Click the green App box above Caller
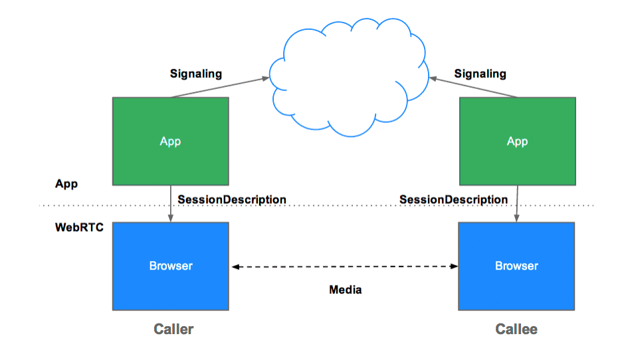(x=171, y=141)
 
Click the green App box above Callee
(x=518, y=141)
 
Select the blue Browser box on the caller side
(x=171, y=266)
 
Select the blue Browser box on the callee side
(x=516, y=266)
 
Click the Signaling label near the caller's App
(x=196, y=74)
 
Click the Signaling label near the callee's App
(x=480, y=74)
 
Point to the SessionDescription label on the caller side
(x=232, y=199)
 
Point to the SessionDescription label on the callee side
(x=454, y=199)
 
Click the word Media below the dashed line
(x=346, y=290)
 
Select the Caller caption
(x=173, y=329)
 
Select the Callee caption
(x=516, y=329)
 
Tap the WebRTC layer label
(x=79, y=227)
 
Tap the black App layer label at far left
(x=66, y=184)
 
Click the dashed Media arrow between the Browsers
(x=345, y=266)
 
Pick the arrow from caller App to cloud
(x=221, y=87)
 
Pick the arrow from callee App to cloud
(x=474, y=87)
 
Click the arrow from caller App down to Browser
(x=171, y=204)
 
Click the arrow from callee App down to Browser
(x=517, y=204)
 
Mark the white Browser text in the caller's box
(x=171, y=266)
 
